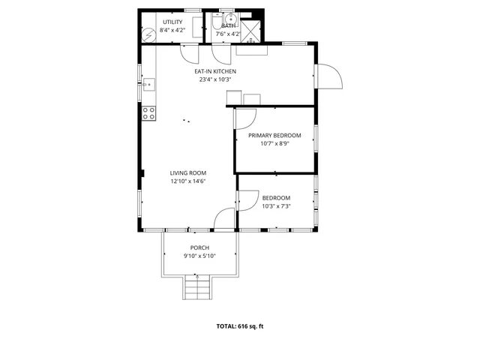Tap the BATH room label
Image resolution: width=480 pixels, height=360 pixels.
(x=227, y=25)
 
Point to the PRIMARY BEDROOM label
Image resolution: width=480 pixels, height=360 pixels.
(x=274, y=135)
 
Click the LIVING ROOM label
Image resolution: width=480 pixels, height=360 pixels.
(x=187, y=172)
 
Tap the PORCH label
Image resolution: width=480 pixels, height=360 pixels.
(x=199, y=247)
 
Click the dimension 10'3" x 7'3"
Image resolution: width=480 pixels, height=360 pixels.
(x=276, y=206)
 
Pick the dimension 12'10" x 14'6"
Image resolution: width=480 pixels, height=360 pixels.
(x=187, y=181)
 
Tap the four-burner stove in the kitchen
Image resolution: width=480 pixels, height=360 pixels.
(x=149, y=113)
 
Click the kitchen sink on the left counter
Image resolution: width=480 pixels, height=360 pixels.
(x=148, y=84)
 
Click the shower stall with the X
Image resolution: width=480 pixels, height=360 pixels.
(x=254, y=31)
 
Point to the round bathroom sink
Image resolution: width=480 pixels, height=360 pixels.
(x=232, y=19)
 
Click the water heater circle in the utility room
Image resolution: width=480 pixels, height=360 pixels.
(x=148, y=34)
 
